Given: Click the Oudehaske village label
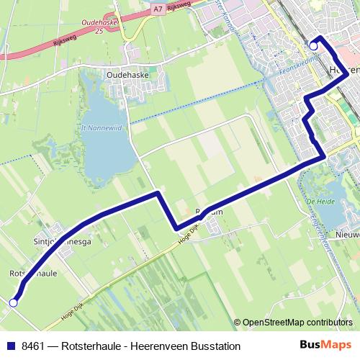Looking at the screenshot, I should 127,73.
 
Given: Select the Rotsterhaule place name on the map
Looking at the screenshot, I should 33,274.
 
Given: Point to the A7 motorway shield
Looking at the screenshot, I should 158,9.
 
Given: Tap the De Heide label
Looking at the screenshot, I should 318,202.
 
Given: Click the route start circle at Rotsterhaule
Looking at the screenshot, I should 13,303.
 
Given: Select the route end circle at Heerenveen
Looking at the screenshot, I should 313,46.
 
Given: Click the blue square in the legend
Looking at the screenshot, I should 9,346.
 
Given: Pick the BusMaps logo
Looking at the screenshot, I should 326,345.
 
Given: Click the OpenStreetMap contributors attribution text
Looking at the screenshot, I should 297,323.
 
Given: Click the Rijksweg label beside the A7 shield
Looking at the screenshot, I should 179,8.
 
